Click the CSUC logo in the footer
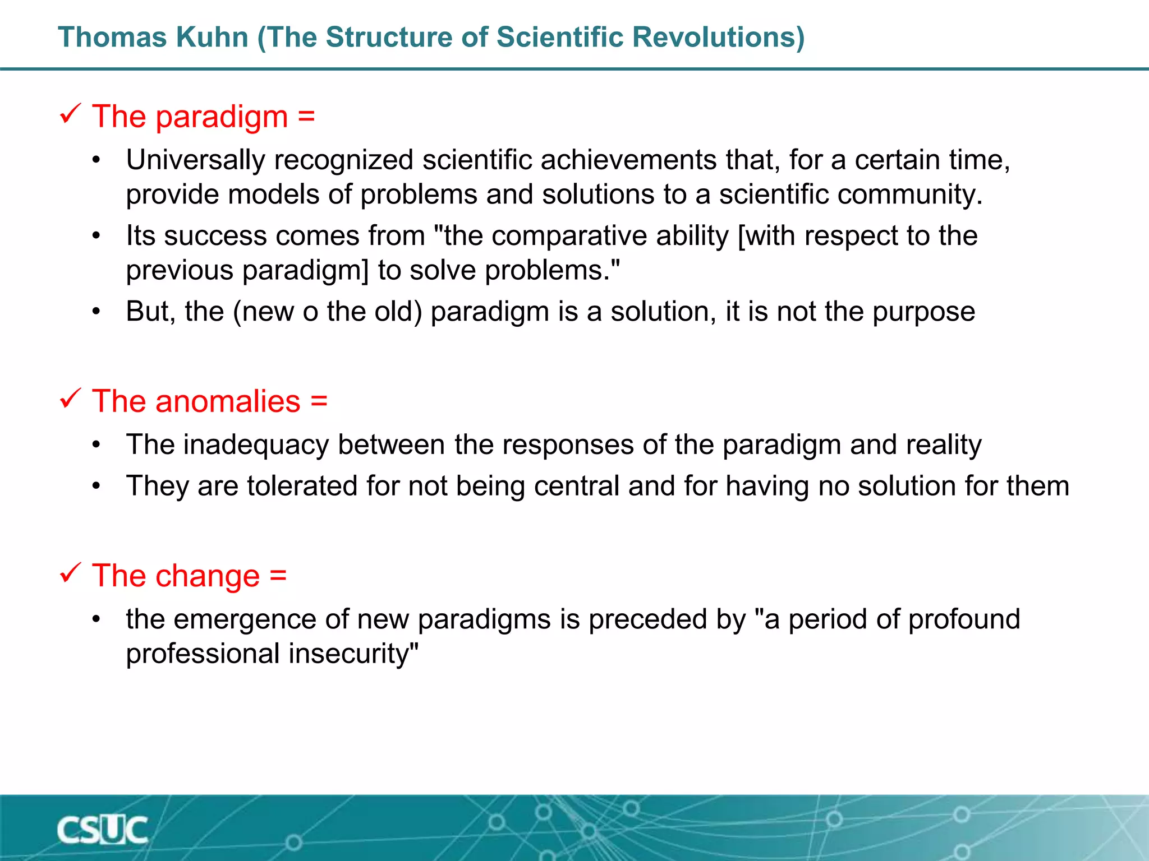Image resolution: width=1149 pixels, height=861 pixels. [x=102, y=830]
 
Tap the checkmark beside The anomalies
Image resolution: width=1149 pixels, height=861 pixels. [x=71, y=399]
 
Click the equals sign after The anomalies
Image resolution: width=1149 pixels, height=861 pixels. [x=319, y=401]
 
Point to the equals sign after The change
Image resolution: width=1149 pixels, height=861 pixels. [x=278, y=576]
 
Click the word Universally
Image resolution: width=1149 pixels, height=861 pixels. [x=195, y=160]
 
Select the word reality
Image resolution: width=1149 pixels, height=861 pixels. [x=944, y=445]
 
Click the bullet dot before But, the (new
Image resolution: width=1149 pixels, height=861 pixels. [x=96, y=312]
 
